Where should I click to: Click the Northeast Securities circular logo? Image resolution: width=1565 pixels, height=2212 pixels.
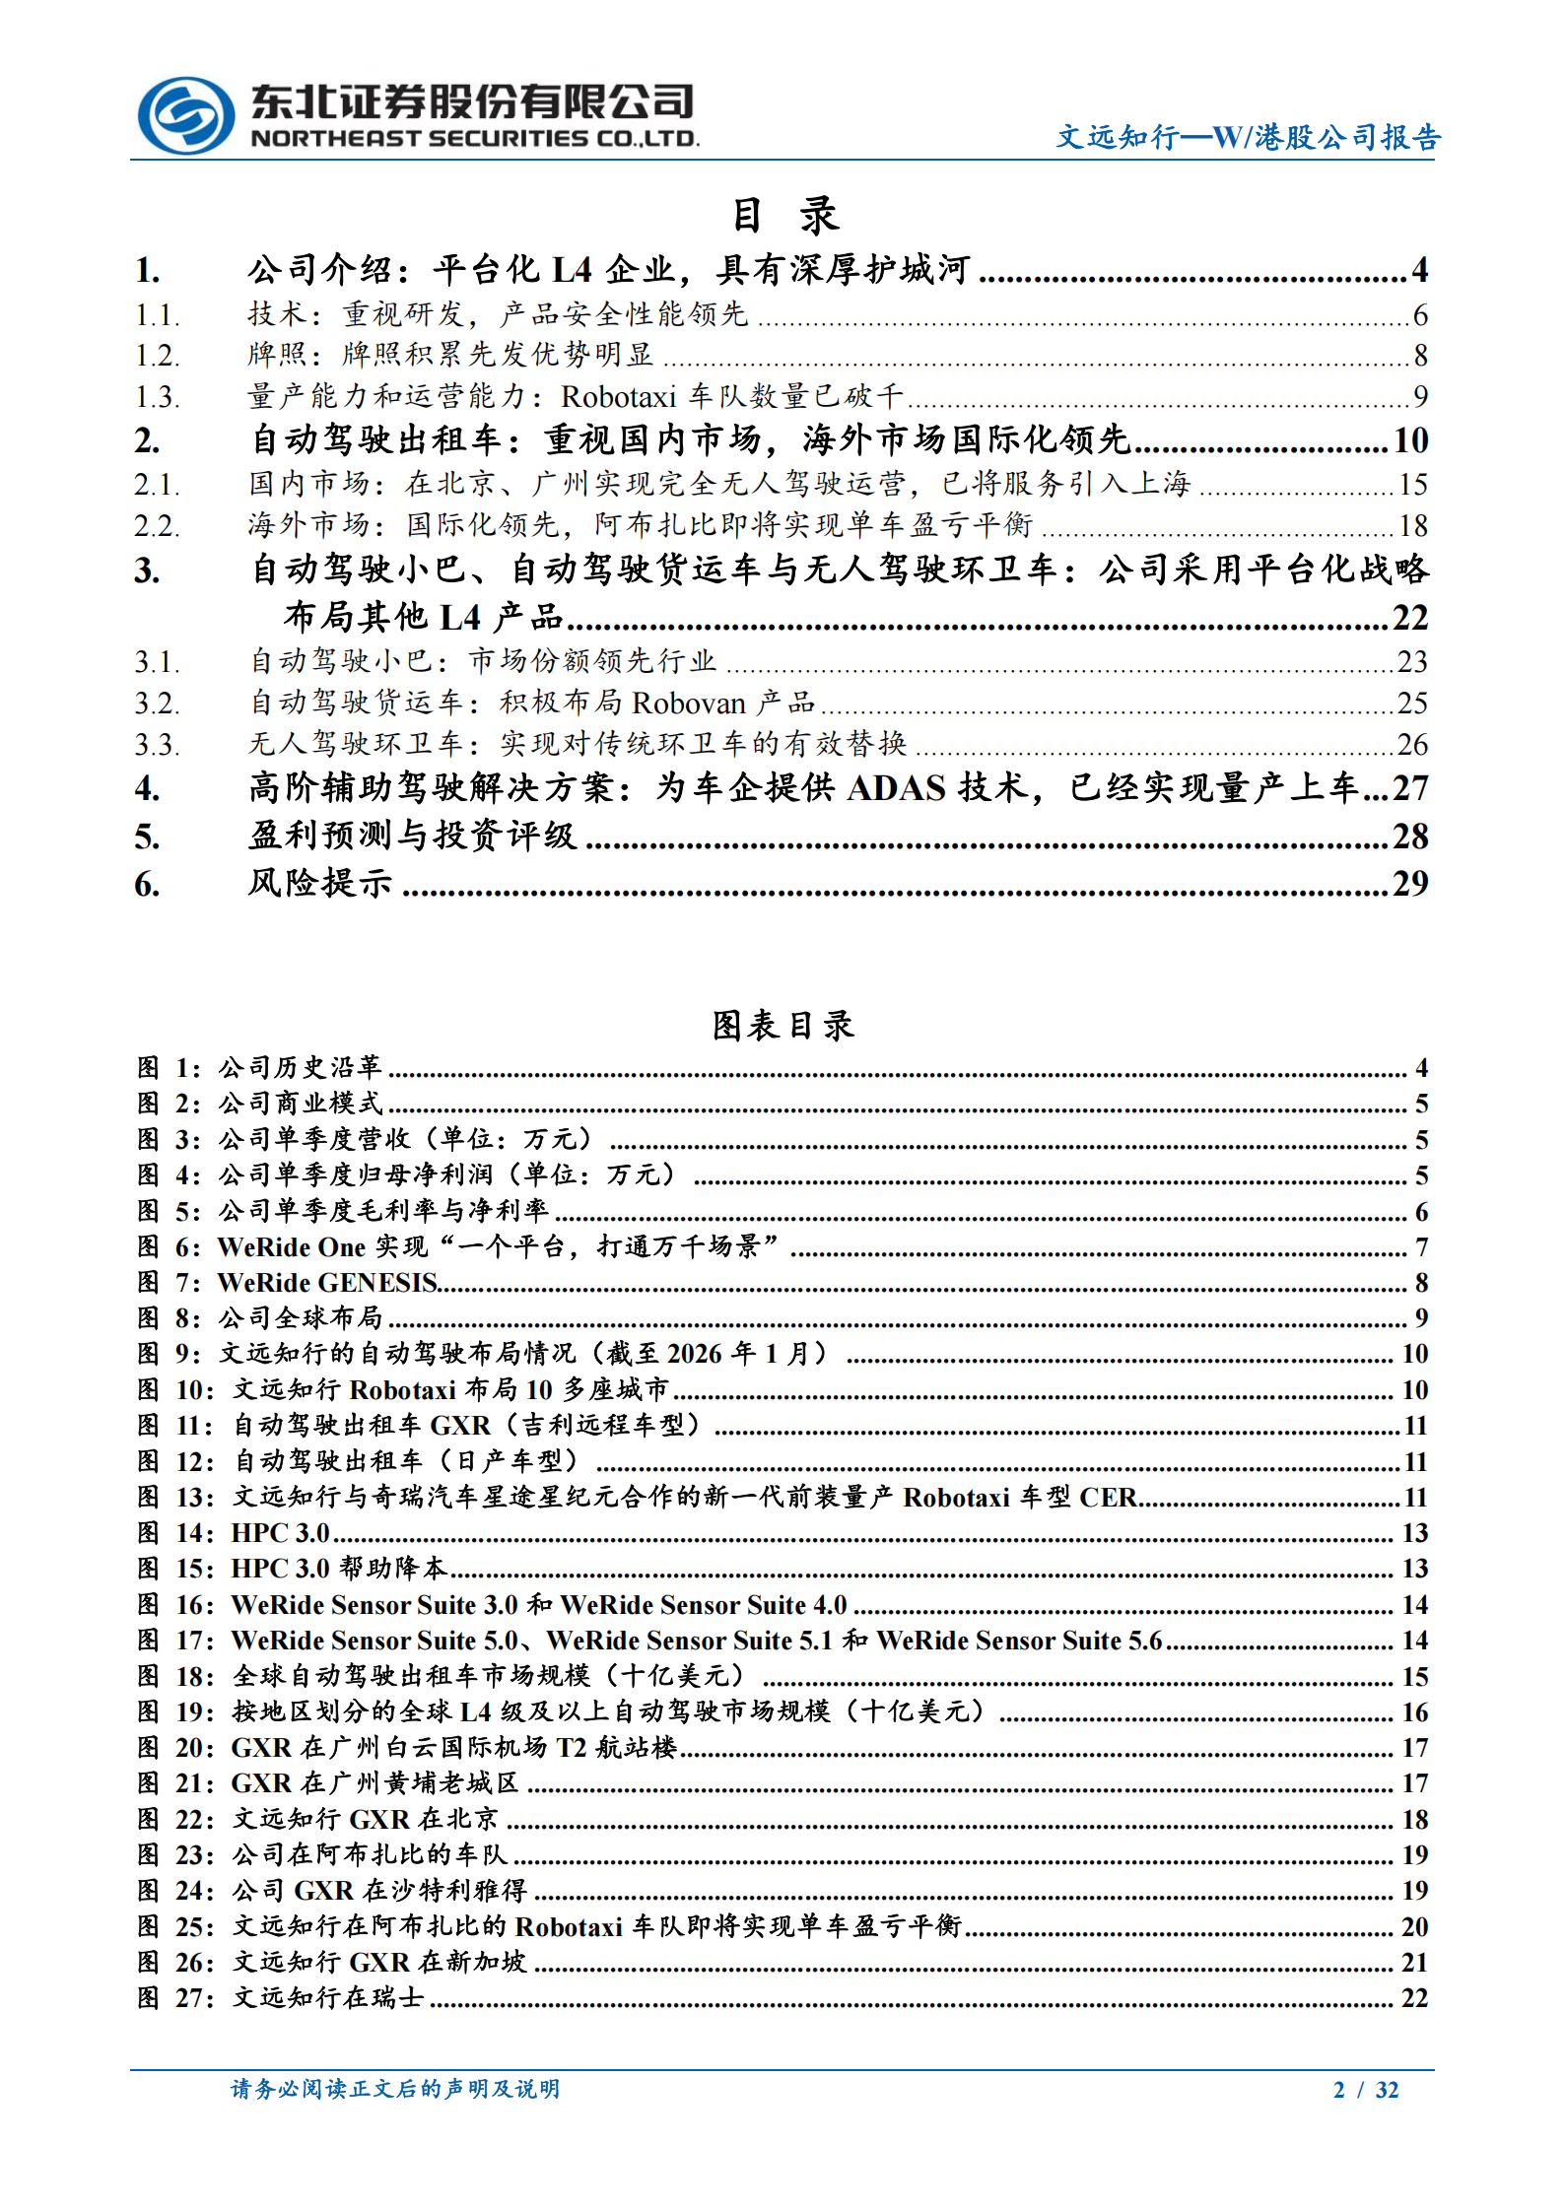pyautogui.click(x=185, y=115)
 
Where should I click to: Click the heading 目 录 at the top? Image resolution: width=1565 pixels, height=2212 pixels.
pyautogui.click(x=784, y=215)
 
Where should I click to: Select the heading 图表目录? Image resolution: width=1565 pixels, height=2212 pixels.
pyautogui.click(x=782, y=1026)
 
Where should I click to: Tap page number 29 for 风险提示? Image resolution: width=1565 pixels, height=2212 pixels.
pyautogui.click(x=1410, y=883)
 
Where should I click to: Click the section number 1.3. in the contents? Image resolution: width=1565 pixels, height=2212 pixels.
pyautogui.click(x=158, y=397)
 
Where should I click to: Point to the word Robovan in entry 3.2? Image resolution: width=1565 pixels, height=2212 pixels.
pyautogui.click(x=688, y=703)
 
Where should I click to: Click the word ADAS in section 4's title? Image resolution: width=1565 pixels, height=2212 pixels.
pyautogui.click(x=896, y=788)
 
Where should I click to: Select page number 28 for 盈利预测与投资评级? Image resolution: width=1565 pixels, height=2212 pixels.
pyautogui.click(x=1410, y=837)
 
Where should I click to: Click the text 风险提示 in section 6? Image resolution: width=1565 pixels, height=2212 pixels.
pyautogui.click(x=319, y=883)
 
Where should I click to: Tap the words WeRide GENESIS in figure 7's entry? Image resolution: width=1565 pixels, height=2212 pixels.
pyautogui.click(x=327, y=1283)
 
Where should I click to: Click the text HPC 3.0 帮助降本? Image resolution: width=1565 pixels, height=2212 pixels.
pyautogui.click(x=339, y=1569)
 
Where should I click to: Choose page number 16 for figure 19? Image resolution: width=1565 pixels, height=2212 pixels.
pyautogui.click(x=1415, y=1712)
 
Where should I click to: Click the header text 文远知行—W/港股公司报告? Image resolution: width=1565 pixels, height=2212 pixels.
pyautogui.click(x=1248, y=137)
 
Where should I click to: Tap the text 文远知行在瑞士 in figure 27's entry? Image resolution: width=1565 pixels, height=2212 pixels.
pyautogui.click(x=328, y=1998)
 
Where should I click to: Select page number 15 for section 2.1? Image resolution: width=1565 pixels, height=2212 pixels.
pyautogui.click(x=1412, y=484)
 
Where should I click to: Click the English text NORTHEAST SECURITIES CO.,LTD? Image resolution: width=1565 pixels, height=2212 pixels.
pyautogui.click(x=474, y=139)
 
